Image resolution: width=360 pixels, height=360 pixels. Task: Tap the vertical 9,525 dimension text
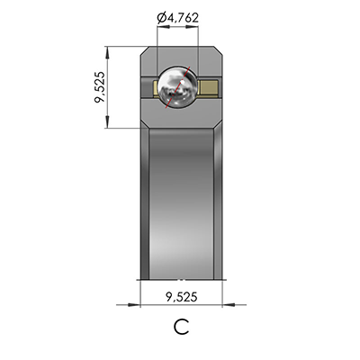[x=101, y=87]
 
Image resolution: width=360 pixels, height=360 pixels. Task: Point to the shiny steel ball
[x=177, y=87]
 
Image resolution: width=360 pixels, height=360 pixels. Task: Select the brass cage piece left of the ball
[x=149, y=87]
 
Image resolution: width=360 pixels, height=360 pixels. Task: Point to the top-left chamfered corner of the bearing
[x=145, y=50]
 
